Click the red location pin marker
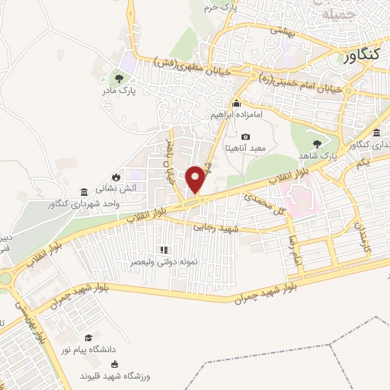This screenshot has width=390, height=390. click(197, 180)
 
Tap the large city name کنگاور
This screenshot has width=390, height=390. click(360, 56)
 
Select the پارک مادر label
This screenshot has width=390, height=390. click(117, 91)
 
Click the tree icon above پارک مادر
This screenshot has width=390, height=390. click(117, 78)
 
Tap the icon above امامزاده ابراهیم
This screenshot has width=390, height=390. click(237, 104)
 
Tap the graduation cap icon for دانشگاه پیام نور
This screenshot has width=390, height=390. click(90, 337)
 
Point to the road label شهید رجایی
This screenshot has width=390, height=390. click(216, 226)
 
